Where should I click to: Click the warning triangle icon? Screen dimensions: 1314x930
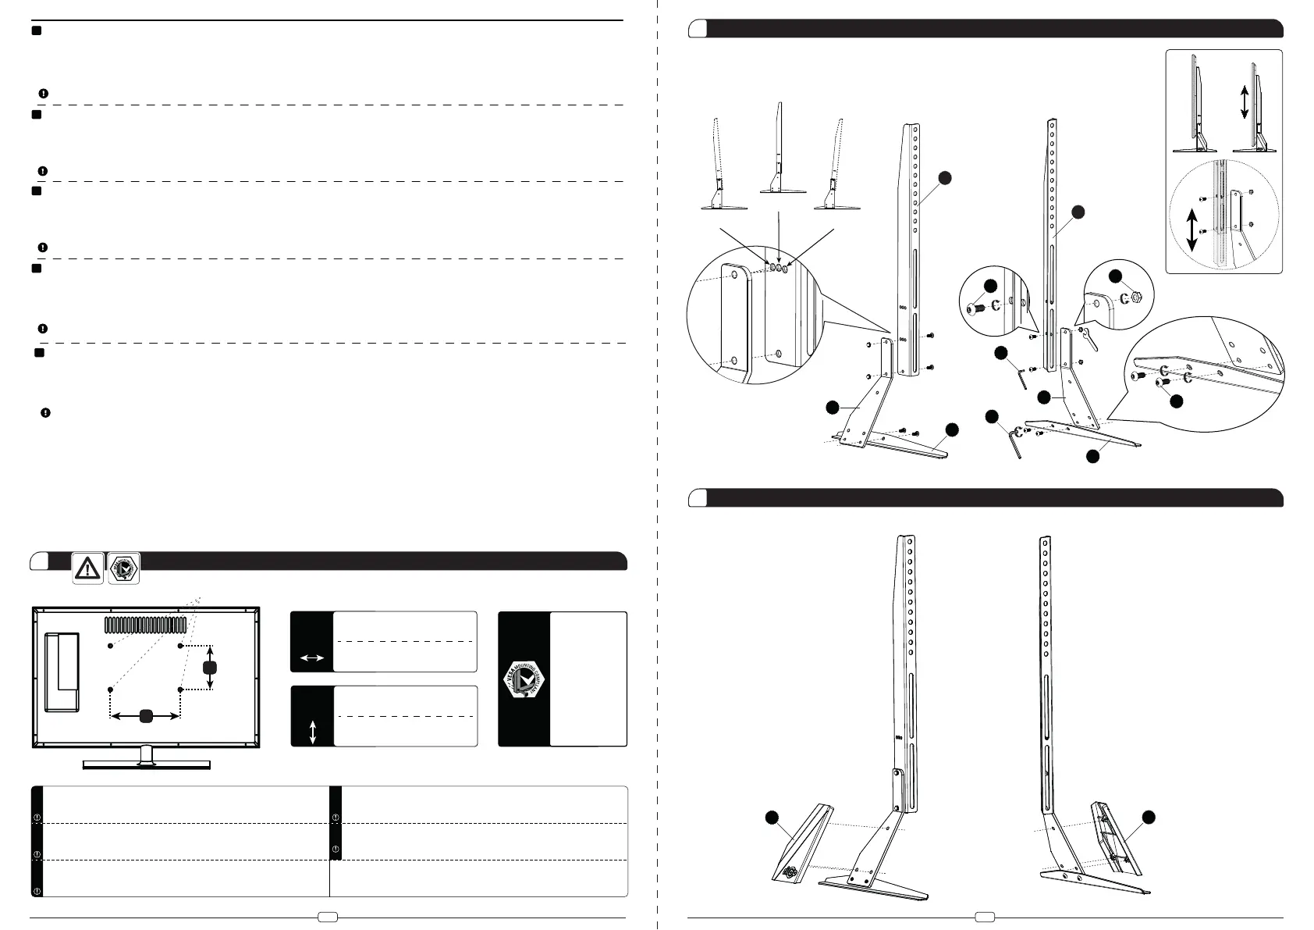[x=88, y=568]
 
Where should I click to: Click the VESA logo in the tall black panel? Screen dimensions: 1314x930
[x=524, y=679]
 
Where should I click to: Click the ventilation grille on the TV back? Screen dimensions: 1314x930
[x=145, y=625]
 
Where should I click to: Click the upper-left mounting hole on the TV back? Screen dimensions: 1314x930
[x=111, y=647]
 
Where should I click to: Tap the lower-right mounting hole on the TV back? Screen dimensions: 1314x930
[x=180, y=690]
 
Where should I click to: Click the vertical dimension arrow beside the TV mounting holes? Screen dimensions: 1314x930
[x=209, y=668]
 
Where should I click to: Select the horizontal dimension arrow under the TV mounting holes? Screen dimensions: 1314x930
[x=146, y=715]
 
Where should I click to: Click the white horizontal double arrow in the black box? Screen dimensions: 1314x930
[x=312, y=658]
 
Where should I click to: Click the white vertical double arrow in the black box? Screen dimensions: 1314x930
[x=313, y=732]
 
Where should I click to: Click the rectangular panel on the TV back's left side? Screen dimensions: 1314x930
[x=62, y=672]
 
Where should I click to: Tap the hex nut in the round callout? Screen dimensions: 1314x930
[x=1137, y=298]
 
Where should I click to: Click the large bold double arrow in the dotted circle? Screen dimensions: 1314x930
[x=1191, y=229]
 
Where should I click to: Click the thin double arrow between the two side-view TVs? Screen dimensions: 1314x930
[x=1244, y=102]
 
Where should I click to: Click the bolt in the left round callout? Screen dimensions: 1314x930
[x=974, y=309]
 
